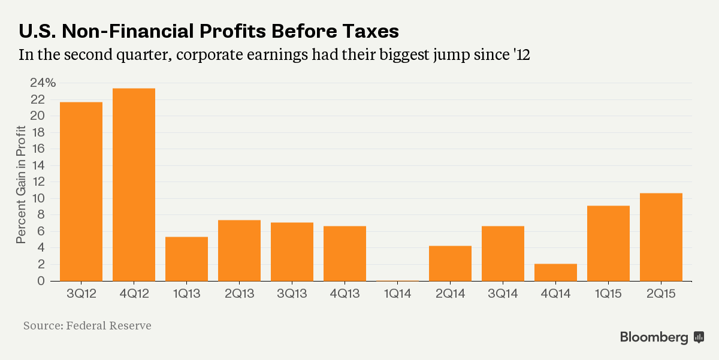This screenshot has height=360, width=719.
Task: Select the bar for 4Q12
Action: point(134,184)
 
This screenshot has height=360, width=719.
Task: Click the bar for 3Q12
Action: point(81,192)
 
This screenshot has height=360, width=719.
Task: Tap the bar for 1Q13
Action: point(186,259)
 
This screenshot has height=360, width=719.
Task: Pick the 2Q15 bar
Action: point(661,237)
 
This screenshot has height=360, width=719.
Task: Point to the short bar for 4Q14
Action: point(555,272)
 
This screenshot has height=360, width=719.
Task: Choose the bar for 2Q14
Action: point(450,263)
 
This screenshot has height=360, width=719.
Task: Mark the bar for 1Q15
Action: point(608,243)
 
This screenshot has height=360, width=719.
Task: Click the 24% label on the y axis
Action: point(43,83)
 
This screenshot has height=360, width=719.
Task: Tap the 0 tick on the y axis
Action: point(41,281)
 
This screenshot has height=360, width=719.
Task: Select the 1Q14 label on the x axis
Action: point(397,295)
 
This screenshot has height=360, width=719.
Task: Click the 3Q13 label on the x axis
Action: point(292,295)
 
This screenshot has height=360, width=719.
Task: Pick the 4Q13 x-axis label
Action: point(345,295)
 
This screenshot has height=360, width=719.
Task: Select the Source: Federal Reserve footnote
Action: point(87,326)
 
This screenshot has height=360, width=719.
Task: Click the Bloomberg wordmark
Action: point(654,337)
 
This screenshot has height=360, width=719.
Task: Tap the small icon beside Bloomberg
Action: point(699,337)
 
